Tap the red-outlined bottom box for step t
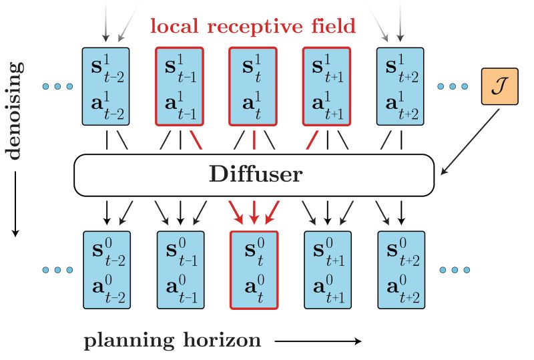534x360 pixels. pos(254,270)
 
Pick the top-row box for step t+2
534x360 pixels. pos(401,85)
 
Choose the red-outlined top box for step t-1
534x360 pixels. pos(180,85)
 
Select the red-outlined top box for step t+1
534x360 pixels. pos(327,85)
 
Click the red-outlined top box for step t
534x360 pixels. pos(254,85)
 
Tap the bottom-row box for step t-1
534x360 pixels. pos(180,270)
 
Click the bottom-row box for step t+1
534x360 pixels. pos(327,270)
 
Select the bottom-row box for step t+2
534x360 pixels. pos(401,270)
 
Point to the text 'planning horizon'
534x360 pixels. pos(172,341)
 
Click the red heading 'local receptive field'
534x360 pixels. pos(253,27)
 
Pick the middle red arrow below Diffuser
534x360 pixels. pos(254,212)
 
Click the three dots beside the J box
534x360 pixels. pos(454,86)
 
